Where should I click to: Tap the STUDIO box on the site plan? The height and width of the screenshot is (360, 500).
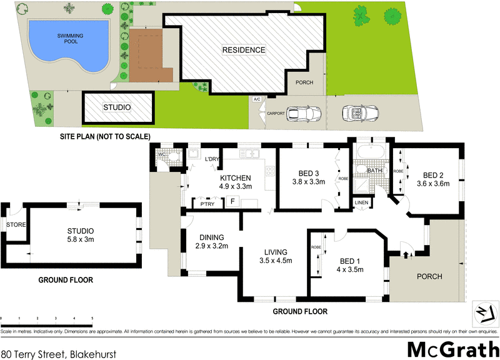point(118,107)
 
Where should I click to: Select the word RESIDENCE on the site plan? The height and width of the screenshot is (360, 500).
point(244,50)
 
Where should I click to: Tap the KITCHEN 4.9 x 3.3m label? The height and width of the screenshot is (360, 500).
point(235,182)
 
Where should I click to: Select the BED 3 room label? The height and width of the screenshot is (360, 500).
point(309,178)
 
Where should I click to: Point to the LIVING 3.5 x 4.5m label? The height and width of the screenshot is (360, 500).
point(277,256)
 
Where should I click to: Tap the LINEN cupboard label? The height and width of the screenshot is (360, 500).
point(362,202)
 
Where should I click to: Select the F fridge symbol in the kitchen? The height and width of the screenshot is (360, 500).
point(232,202)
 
